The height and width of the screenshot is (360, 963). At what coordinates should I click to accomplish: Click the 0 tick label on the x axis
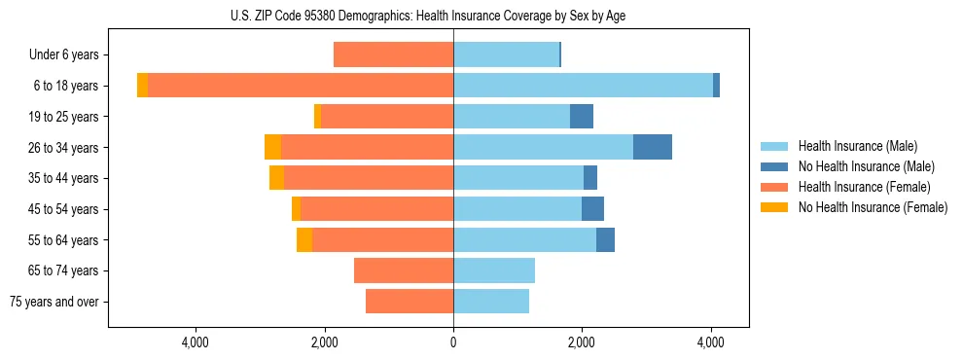click(453, 342)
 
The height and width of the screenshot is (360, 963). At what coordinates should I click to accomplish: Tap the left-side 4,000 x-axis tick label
click(196, 342)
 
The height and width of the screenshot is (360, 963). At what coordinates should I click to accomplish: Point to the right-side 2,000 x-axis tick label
click(582, 342)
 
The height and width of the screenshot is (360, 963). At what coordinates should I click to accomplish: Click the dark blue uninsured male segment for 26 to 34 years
click(653, 147)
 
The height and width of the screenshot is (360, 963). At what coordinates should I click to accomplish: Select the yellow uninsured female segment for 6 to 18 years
click(142, 86)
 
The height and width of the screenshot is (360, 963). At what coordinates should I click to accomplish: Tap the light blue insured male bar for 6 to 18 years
click(583, 86)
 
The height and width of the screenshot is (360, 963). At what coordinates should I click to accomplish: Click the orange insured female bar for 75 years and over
click(410, 302)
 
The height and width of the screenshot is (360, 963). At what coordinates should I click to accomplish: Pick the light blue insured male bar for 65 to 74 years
click(494, 270)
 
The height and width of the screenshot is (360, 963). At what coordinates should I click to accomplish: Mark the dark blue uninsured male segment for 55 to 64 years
click(605, 239)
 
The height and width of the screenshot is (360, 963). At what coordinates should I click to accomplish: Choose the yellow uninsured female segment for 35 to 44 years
click(276, 178)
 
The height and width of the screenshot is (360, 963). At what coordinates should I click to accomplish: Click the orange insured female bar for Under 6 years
click(393, 54)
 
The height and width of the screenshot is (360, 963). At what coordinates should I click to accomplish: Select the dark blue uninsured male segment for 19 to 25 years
click(582, 117)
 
